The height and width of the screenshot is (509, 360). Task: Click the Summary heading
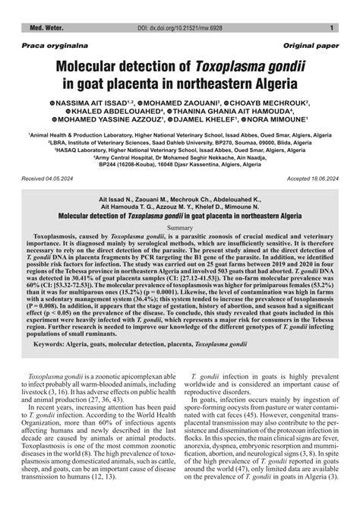click(180, 228)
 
